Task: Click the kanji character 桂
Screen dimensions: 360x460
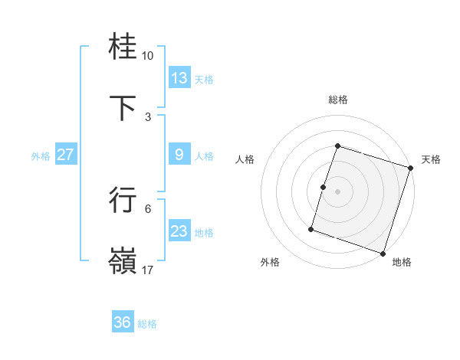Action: coord(123,47)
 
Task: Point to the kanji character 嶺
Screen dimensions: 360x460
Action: coord(123,260)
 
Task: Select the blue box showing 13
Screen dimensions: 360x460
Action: coord(179,78)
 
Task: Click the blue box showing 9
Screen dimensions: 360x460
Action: coord(179,155)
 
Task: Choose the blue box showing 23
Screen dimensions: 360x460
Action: coord(179,231)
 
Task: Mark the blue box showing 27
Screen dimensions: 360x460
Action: coord(65,155)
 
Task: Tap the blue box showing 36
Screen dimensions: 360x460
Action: coord(123,322)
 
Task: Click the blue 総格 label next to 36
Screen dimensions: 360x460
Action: coord(147,324)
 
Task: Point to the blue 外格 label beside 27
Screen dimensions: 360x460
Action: coord(41,156)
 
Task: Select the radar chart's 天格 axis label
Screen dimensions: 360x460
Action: coord(431,159)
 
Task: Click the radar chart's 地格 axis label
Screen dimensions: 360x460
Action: coord(402,262)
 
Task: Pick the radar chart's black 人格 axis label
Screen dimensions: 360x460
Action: coord(245,159)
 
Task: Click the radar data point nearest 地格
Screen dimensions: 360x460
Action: coord(383,253)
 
